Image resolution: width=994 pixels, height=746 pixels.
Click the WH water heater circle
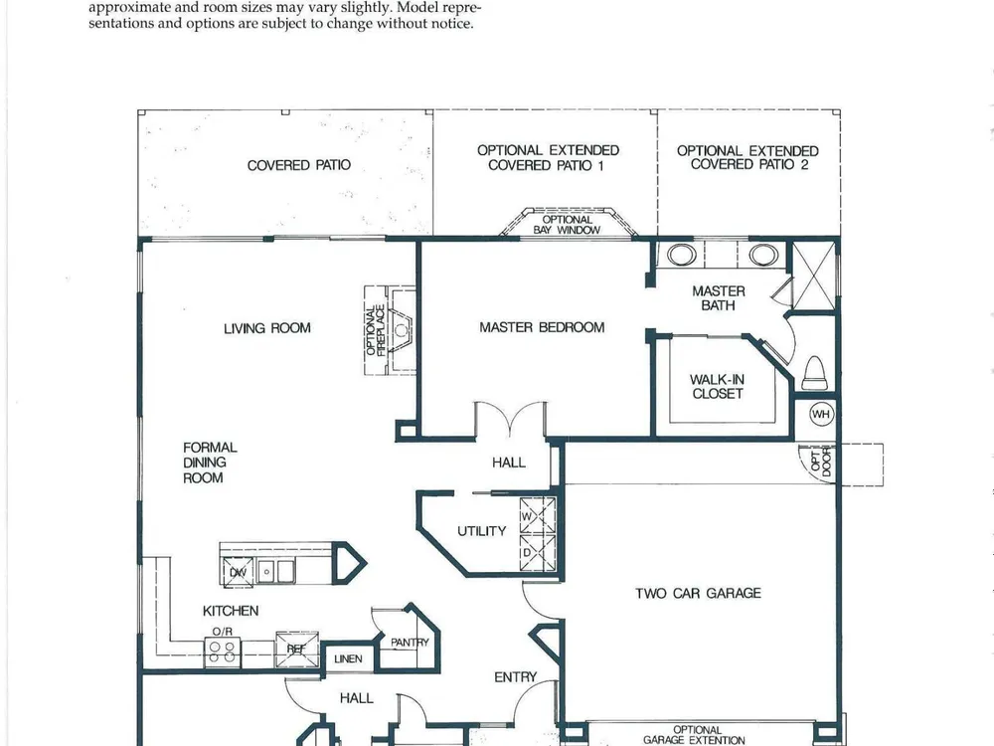click(822, 414)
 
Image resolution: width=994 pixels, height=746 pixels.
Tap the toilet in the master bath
click(815, 373)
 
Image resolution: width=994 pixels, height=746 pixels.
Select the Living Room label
click(266, 328)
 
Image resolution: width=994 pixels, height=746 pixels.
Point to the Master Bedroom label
click(542, 327)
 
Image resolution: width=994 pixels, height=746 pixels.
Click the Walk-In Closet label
click(718, 386)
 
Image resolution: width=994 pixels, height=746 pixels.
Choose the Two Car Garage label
click(698, 593)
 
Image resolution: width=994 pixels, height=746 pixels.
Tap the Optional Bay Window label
click(567, 225)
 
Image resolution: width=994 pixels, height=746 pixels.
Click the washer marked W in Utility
click(538, 515)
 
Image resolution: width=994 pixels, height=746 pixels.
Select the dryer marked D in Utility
click(538, 553)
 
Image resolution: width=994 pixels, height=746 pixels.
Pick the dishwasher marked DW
click(238, 572)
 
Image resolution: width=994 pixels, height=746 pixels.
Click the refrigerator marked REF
click(296, 649)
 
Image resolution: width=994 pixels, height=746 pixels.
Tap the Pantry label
click(411, 643)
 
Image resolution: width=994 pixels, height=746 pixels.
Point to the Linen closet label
click(348, 659)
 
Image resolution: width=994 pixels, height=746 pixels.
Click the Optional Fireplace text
click(376, 330)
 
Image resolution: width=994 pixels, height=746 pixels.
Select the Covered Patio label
click(298, 165)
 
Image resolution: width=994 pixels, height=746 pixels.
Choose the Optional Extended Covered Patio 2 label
click(748, 157)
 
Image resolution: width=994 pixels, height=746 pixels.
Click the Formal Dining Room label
click(210, 463)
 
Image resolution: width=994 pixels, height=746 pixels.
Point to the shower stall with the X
click(814, 276)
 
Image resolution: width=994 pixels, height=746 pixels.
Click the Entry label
click(515, 677)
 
